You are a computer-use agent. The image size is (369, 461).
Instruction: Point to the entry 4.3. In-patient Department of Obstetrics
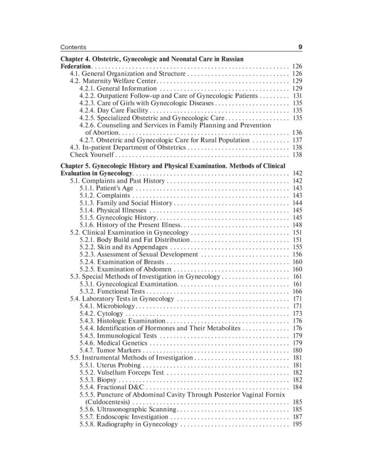[x=127, y=148]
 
